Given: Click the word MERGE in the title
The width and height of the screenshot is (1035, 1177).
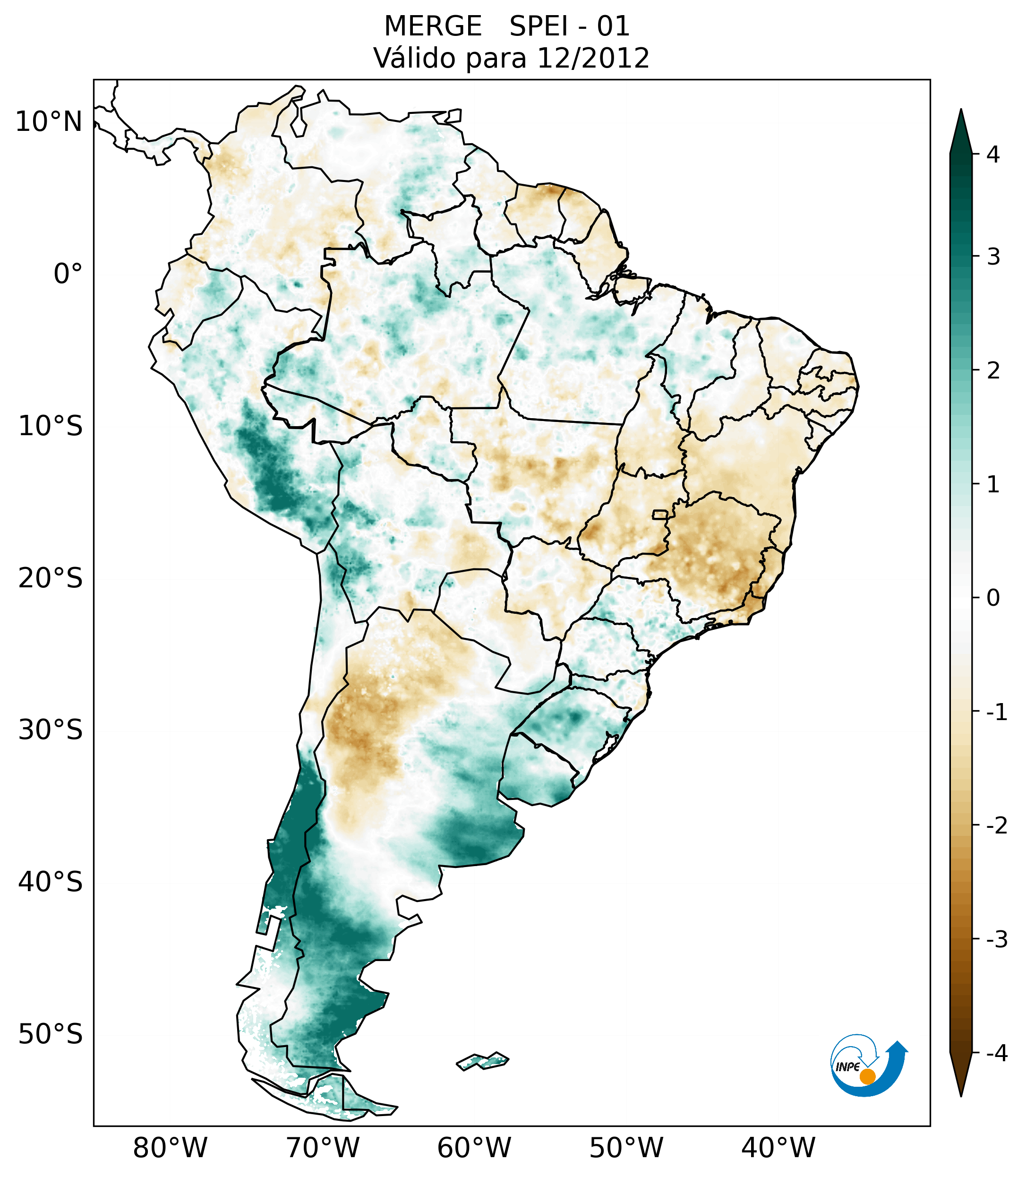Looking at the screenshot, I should pos(433,26).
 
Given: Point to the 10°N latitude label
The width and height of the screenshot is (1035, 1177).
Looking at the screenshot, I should pos(49,122).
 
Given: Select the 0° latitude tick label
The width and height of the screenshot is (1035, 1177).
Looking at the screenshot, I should pos(68,274).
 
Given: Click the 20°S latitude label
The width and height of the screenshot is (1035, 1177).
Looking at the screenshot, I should pos(51,578).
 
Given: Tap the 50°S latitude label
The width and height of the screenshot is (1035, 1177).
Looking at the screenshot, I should pos(51,1034).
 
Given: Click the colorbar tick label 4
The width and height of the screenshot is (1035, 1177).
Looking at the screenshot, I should pos(993,155).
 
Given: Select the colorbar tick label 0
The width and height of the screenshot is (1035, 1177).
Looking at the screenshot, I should pos(993,598).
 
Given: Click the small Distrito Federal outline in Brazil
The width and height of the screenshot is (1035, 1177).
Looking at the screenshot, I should pos(661,514).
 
